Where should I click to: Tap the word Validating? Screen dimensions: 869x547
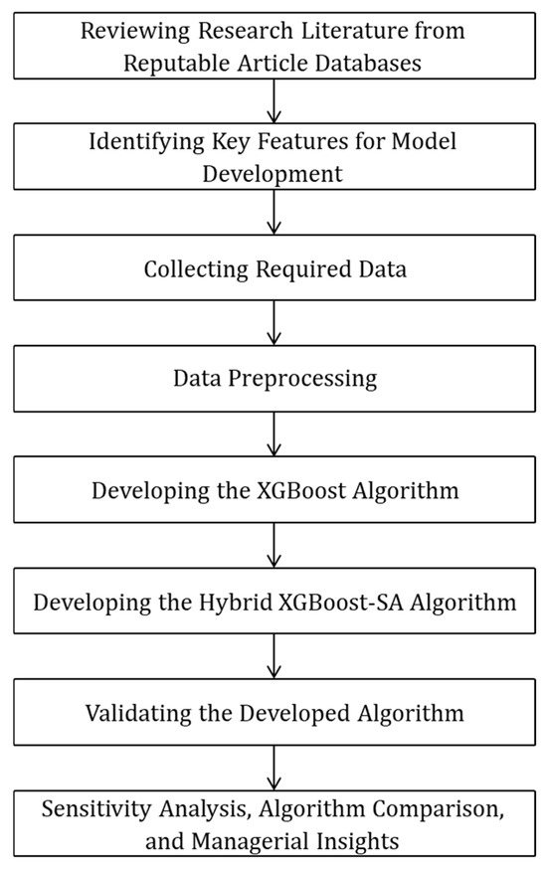[143, 713]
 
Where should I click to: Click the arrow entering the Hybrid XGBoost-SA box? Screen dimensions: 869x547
[274, 547]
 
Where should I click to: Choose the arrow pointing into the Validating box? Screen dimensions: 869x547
[274, 658]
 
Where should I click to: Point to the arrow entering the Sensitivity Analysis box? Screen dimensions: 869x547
[274, 769]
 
